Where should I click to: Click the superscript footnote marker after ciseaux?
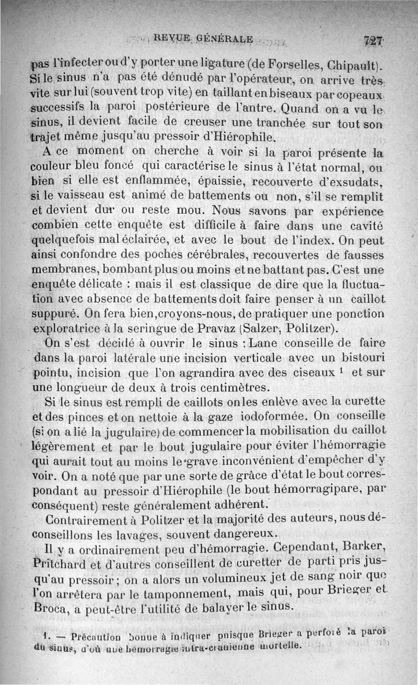tap(340, 371)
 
